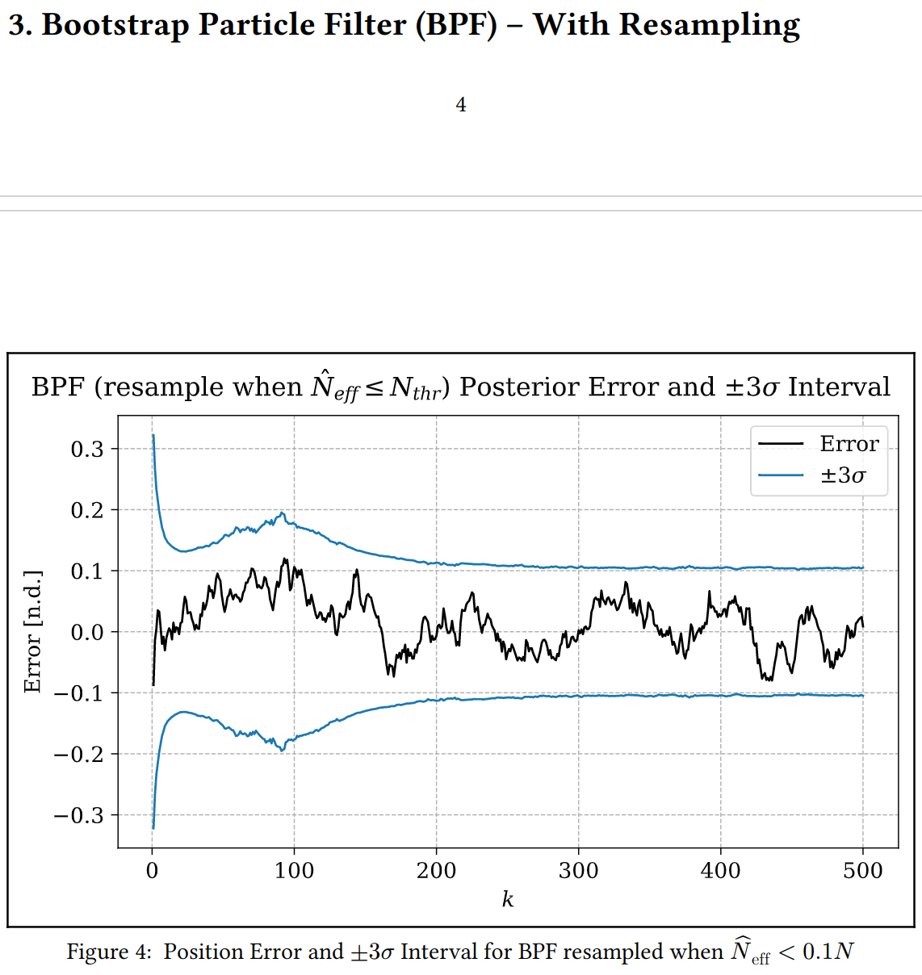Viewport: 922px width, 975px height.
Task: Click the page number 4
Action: (461, 105)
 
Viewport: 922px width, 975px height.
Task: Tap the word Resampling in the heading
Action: (710, 25)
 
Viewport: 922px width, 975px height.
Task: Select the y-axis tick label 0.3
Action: (87, 449)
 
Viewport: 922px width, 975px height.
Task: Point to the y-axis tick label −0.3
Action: (79, 815)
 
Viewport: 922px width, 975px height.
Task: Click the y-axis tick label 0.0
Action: (87, 632)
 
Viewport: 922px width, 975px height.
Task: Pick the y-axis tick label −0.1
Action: (79, 693)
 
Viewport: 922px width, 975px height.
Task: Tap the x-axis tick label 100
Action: (294, 871)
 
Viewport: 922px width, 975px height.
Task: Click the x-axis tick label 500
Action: (863, 871)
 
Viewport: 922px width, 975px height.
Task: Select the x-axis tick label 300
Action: (579, 871)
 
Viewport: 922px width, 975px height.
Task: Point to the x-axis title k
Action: (507, 899)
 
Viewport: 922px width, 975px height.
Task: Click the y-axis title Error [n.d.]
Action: (32, 631)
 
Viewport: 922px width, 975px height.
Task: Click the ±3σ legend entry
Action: (843, 475)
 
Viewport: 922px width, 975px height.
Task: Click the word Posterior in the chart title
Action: (519, 387)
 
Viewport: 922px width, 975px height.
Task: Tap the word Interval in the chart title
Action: (839, 387)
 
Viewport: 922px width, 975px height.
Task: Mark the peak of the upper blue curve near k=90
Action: (282, 513)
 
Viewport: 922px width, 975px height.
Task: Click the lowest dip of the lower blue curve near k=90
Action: (282, 751)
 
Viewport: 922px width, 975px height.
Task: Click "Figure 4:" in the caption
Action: (108, 952)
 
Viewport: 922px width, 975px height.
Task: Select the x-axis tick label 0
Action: (152, 871)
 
